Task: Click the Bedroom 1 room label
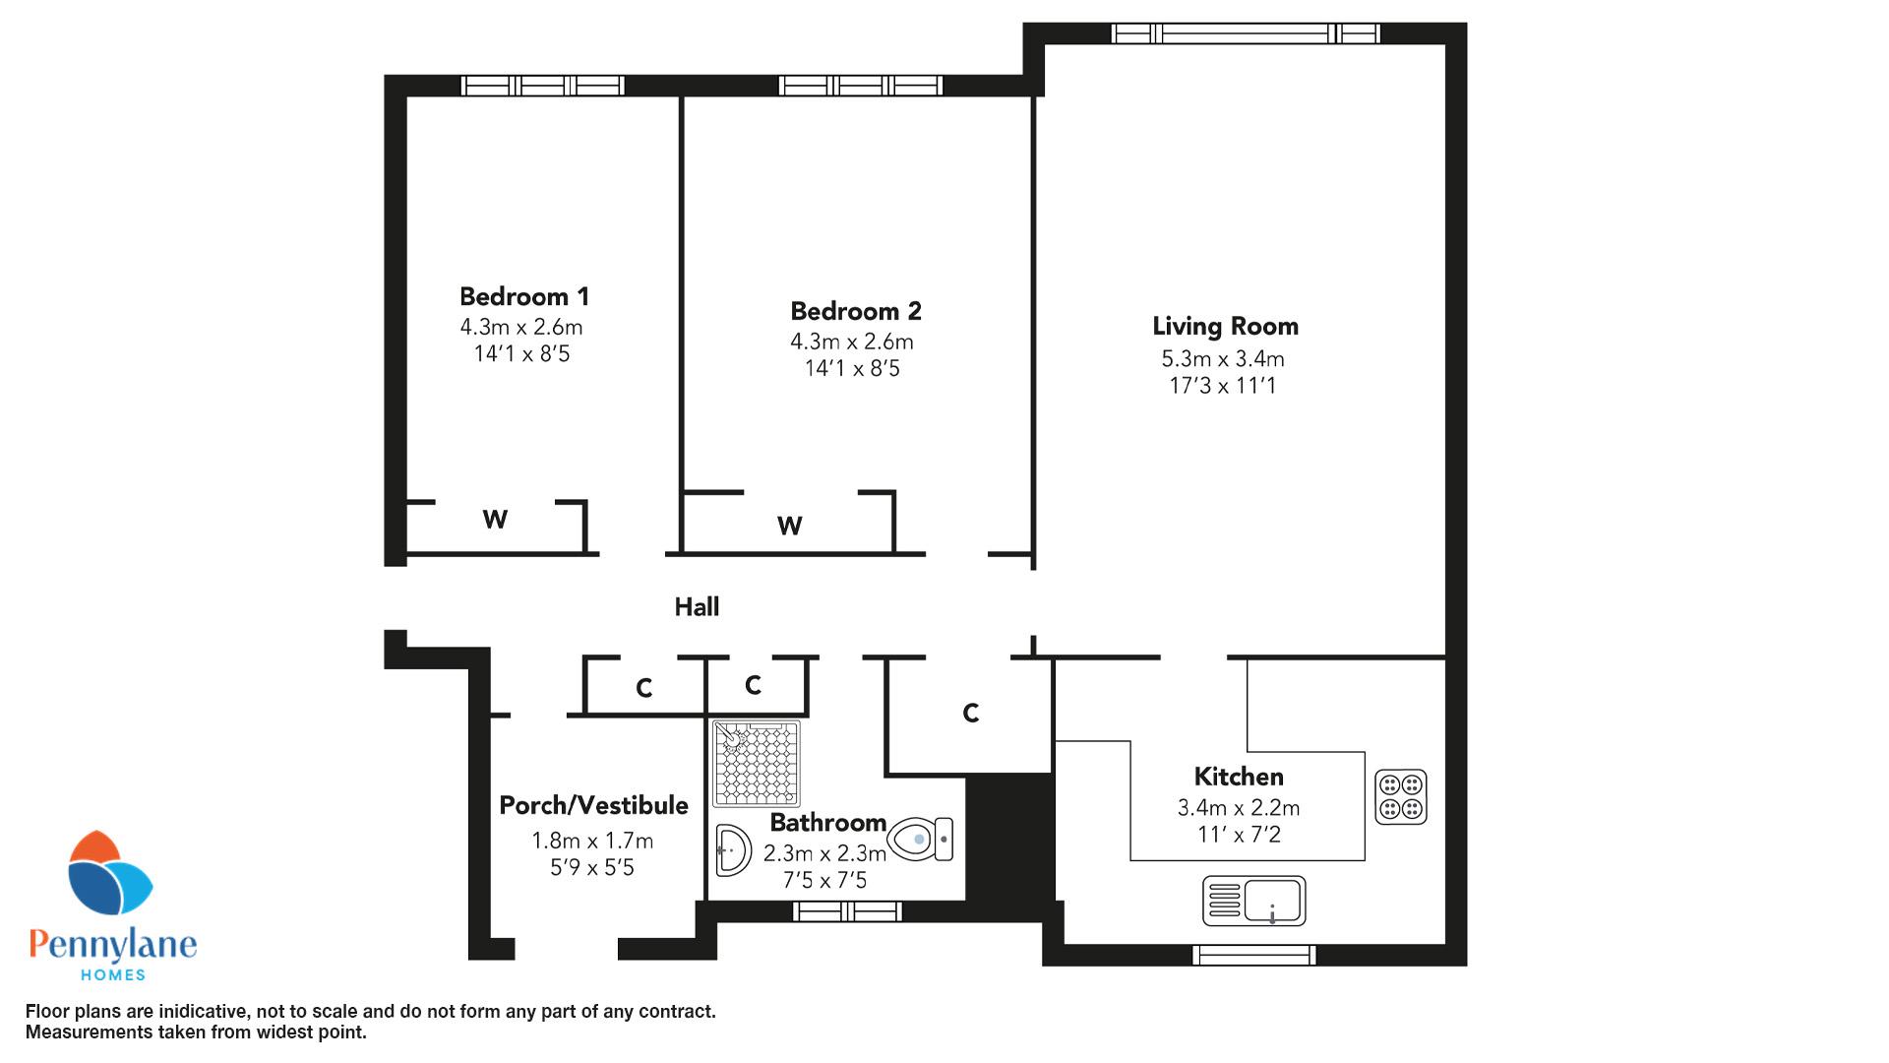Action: click(x=524, y=296)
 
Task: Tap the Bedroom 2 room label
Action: click(x=856, y=311)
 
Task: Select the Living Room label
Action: click(x=1225, y=327)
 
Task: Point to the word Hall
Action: click(x=697, y=607)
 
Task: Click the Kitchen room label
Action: click(x=1239, y=777)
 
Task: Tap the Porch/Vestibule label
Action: click(x=593, y=805)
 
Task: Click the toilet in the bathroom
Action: click(x=920, y=840)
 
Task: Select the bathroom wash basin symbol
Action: click(x=733, y=849)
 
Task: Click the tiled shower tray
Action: click(x=757, y=764)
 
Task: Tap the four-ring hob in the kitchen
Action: click(x=1400, y=796)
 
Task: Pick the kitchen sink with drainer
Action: click(x=1254, y=901)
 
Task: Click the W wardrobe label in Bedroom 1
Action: click(x=495, y=519)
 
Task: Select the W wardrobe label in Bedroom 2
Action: click(x=789, y=526)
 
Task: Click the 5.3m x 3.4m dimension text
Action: click(x=1223, y=359)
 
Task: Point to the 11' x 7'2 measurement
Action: click(x=1239, y=835)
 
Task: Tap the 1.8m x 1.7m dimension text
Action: click(x=592, y=841)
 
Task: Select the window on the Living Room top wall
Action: click(x=1246, y=33)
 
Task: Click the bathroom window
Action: click(x=847, y=911)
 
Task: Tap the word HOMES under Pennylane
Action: click(x=112, y=974)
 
